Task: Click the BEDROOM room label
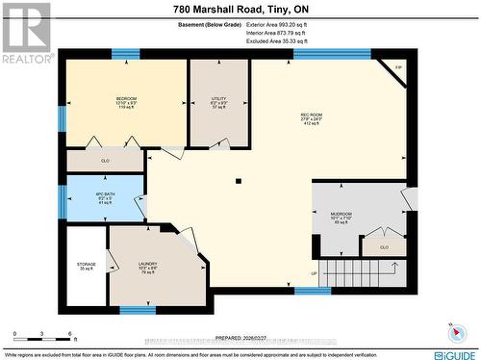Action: pos(126,99)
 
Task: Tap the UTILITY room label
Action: pos(218,99)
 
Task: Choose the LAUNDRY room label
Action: pos(147,264)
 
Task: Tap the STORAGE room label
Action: pos(87,264)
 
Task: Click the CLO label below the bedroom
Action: pos(105,161)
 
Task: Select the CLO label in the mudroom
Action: pos(383,247)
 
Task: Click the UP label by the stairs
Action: pos(313,273)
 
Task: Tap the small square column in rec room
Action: pos(238,180)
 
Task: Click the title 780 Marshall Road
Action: pos(240,9)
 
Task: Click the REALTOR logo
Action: pos(27,33)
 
